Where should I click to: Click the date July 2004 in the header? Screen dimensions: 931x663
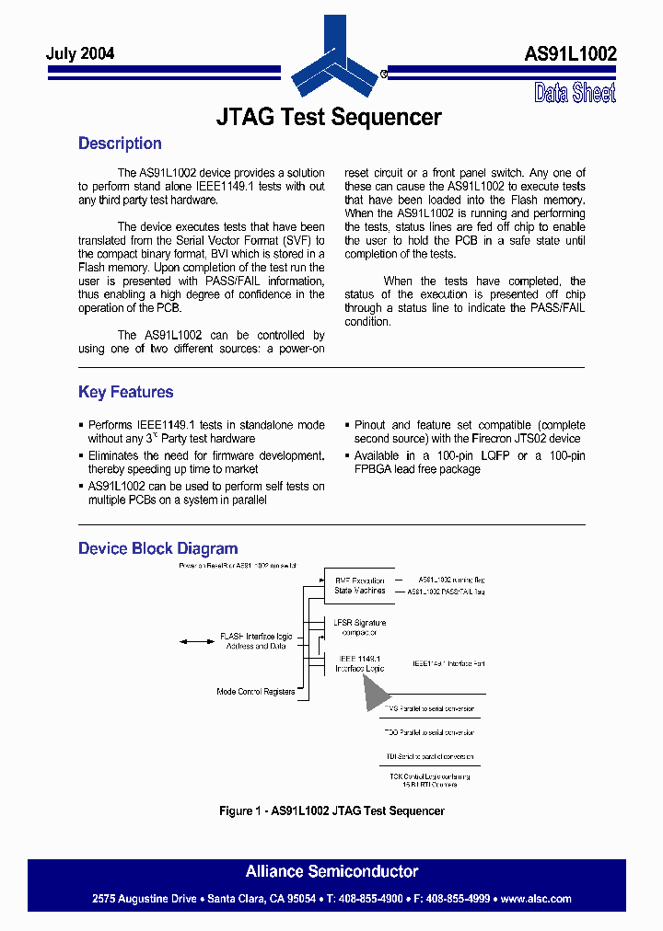[80, 54]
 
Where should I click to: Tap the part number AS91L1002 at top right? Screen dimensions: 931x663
[570, 54]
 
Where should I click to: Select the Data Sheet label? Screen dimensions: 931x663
[575, 93]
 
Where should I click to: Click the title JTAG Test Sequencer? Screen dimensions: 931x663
[329, 118]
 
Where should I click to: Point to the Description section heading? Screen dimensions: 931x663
[120, 144]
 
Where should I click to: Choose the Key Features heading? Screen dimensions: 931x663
[125, 392]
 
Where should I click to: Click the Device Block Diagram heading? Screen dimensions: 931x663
[157, 548]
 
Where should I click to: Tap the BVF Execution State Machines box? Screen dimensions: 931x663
[360, 585]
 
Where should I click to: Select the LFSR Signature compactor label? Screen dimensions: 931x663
[360, 627]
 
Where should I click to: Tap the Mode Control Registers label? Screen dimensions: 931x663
[255, 691]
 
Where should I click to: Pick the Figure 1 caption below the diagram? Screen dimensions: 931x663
[331, 810]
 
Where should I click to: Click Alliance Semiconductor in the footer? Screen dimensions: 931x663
[331, 871]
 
